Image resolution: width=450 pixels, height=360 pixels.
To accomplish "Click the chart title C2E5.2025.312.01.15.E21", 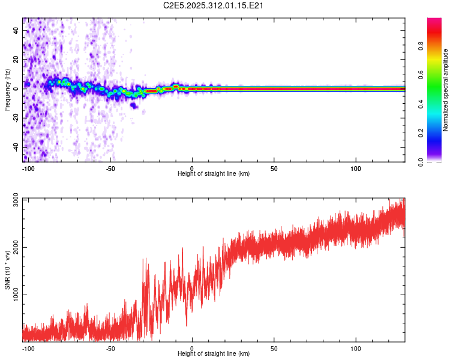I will tap(214, 5).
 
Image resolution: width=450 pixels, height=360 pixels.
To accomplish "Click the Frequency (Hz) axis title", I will tap(7, 90).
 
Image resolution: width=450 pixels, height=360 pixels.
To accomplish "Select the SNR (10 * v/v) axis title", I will tap(7, 271).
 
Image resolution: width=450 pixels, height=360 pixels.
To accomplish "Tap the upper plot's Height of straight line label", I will tap(214, 173).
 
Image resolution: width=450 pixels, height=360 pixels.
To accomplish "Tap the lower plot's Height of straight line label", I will tap(214, 353).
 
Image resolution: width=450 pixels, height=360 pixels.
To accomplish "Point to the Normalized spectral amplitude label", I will tap(446, 90).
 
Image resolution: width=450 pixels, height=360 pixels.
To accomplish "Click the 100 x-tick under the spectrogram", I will tap(356, 168).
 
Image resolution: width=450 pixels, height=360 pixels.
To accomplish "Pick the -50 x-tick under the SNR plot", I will tap(110, 348).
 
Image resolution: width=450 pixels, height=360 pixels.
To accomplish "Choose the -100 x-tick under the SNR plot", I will tap(28, 348).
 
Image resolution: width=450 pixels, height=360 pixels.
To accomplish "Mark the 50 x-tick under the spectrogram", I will tap(274, 168).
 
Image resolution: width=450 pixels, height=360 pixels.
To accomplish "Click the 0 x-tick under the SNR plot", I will tap(192, 348).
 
